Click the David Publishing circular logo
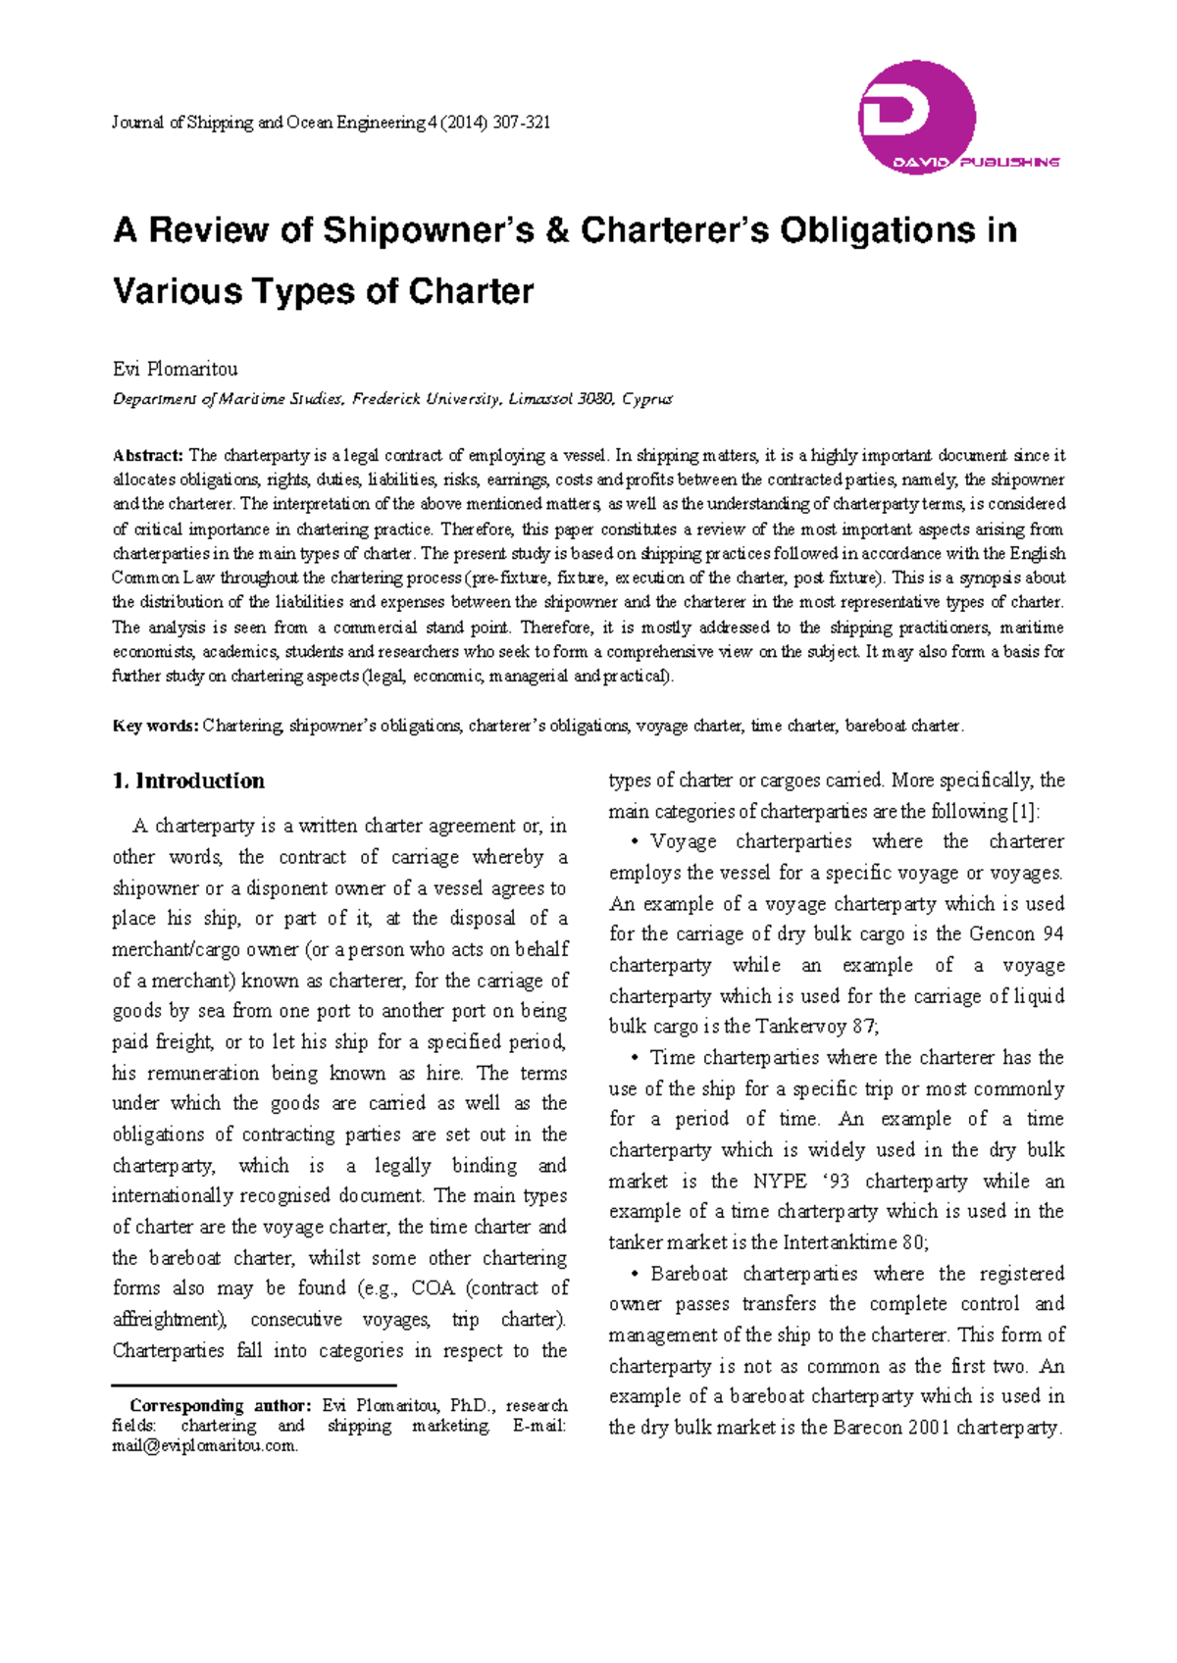pyautogui.click(x=916, y=118)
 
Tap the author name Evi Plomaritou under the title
pyautogui.click(x=175, y=369)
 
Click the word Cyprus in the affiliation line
pyautogui.click(x=647, y=399)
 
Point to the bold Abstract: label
pyautogui.click(x=148, y=455)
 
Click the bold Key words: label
pyautogui.click(x=156, y=726)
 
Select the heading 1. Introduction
pyautogui.click(x=188, y=781)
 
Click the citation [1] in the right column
pyautogui.click(x=1025, y=811)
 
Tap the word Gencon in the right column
pyautogui.click(x=1001, y=933)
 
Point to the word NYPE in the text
pyautogui.click(x=780, y=1181)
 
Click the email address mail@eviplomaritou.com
pyautogui.click(x=205, y=1445)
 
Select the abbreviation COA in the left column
pyautogui.click(x=433, y=1287)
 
